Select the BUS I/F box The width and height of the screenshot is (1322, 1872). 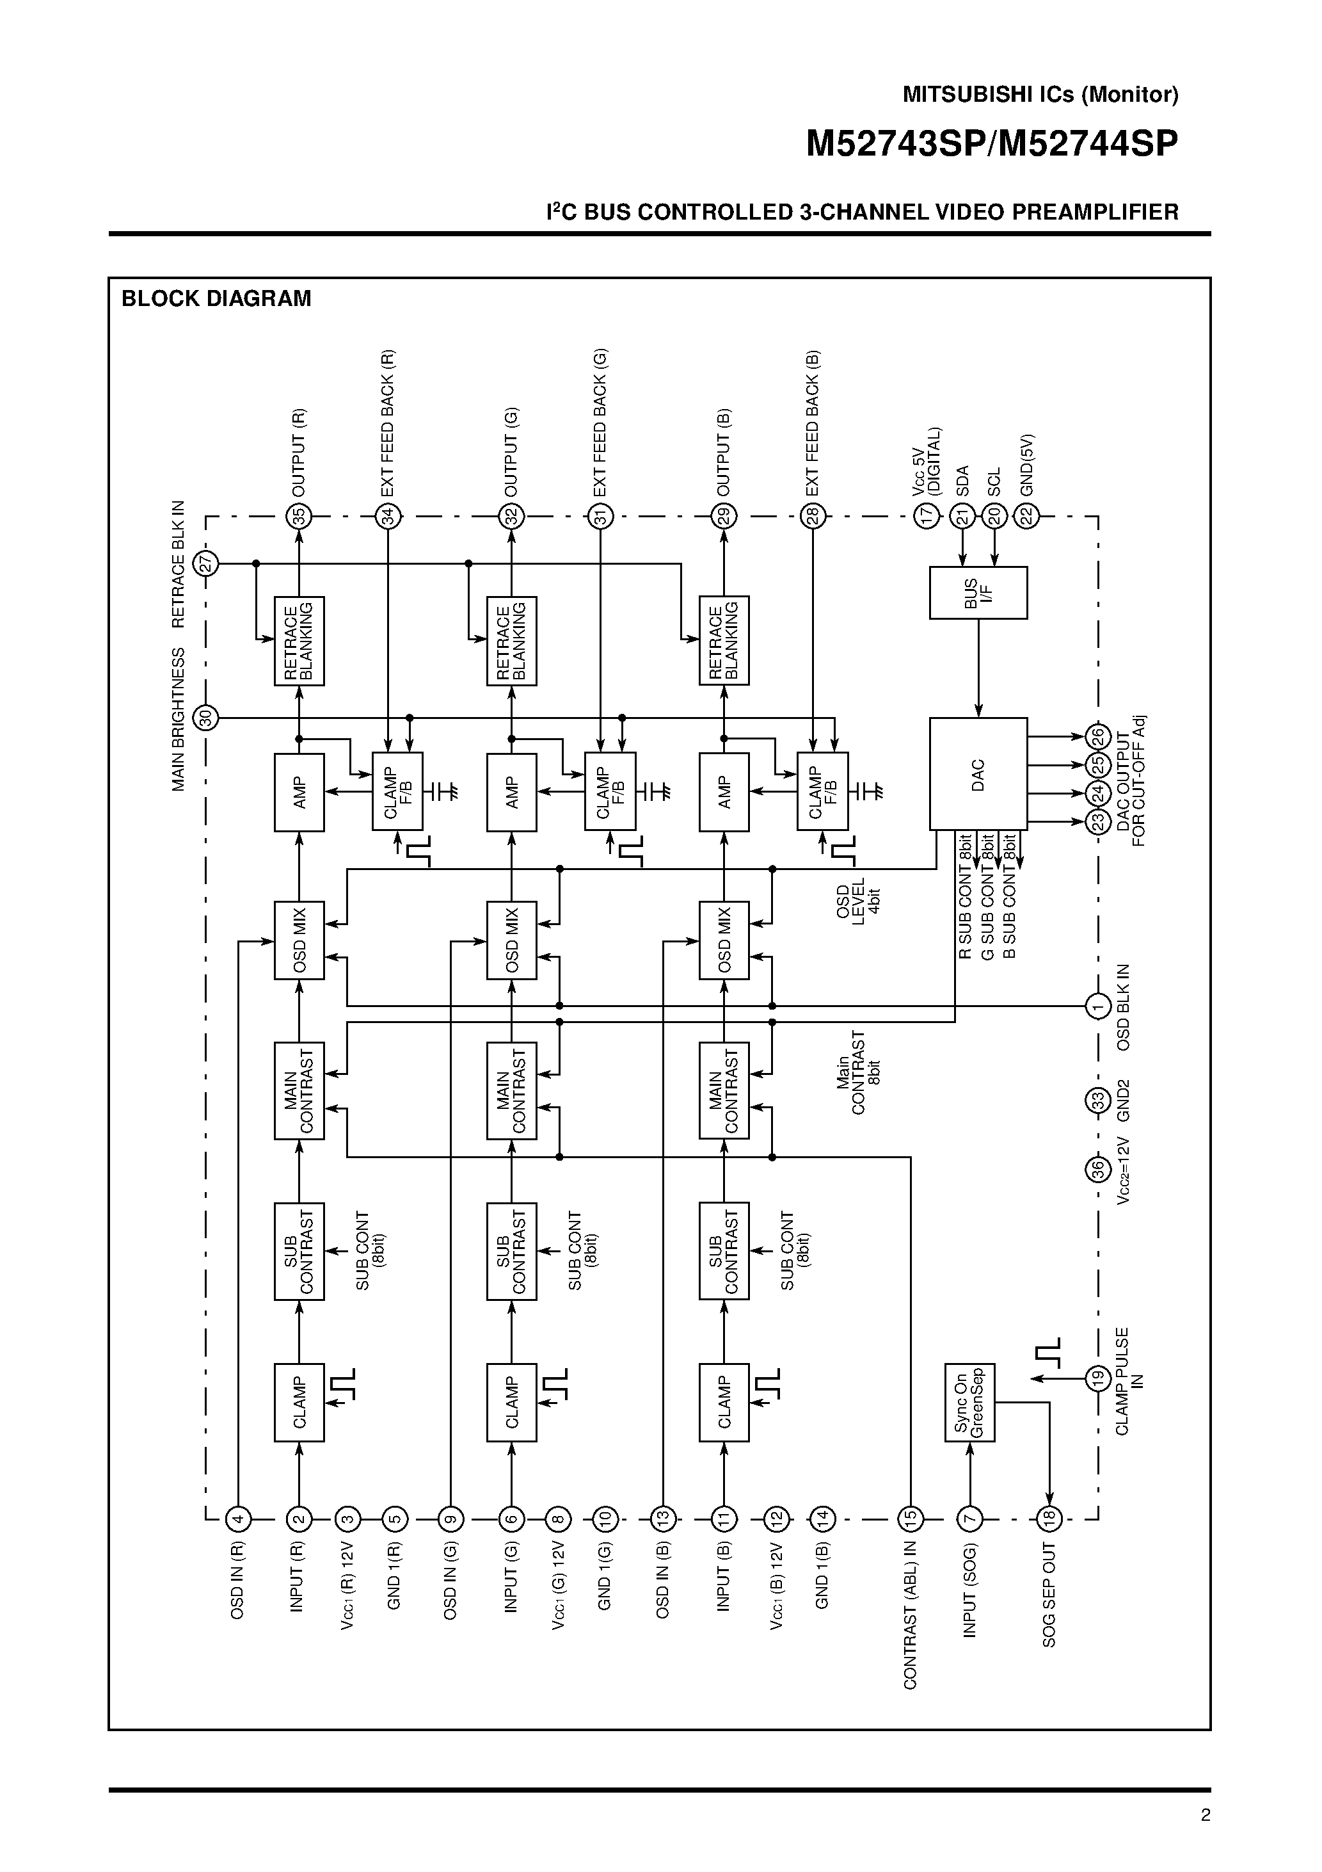(978, 593)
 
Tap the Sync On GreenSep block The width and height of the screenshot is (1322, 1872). (969, 1401)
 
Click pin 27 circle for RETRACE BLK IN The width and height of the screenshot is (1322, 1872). (206, 563)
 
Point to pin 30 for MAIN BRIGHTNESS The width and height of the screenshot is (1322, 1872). (206, 718)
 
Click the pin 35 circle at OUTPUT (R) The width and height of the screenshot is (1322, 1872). (299, 516)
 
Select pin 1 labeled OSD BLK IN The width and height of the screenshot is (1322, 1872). (1098, 1007)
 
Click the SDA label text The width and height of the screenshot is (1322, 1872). (962, 481)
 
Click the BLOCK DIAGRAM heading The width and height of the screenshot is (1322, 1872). (216, 298)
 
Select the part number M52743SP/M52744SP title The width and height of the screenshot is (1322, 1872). (991, 144)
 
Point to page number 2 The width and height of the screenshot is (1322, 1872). (1206, 1815)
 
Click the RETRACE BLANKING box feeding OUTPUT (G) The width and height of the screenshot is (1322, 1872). (512, 641)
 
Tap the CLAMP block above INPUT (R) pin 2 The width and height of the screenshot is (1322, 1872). (299, 1401)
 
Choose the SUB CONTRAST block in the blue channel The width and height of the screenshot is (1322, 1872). (724, 1251)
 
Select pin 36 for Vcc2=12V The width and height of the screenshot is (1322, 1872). (1098, 1169)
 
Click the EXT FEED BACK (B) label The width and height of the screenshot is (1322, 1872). (812, 423)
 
